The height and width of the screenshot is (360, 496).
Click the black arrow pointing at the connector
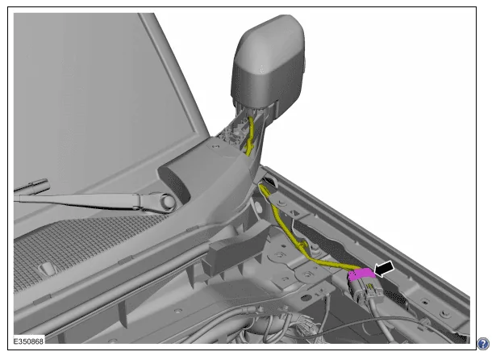(x=385, y=269)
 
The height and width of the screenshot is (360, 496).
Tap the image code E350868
(x=28, y=341)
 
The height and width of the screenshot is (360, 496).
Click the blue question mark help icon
(x=483, y=344)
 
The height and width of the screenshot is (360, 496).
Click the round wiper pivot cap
(x=168, y=201)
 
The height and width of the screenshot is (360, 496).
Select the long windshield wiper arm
(x=95, y=201)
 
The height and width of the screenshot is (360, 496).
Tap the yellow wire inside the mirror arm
(x=250, y=136)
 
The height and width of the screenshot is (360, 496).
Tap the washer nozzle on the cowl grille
(x=47, y=269)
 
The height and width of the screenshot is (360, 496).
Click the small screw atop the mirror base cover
(x=215, y=147)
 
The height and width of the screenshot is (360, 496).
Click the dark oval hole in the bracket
(x=306, y=297)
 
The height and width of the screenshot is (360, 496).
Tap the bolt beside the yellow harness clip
(x=315, y=246)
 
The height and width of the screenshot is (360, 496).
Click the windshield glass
(x=95, y=95)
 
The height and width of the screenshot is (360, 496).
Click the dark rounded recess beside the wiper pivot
(x=177, y=185)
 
